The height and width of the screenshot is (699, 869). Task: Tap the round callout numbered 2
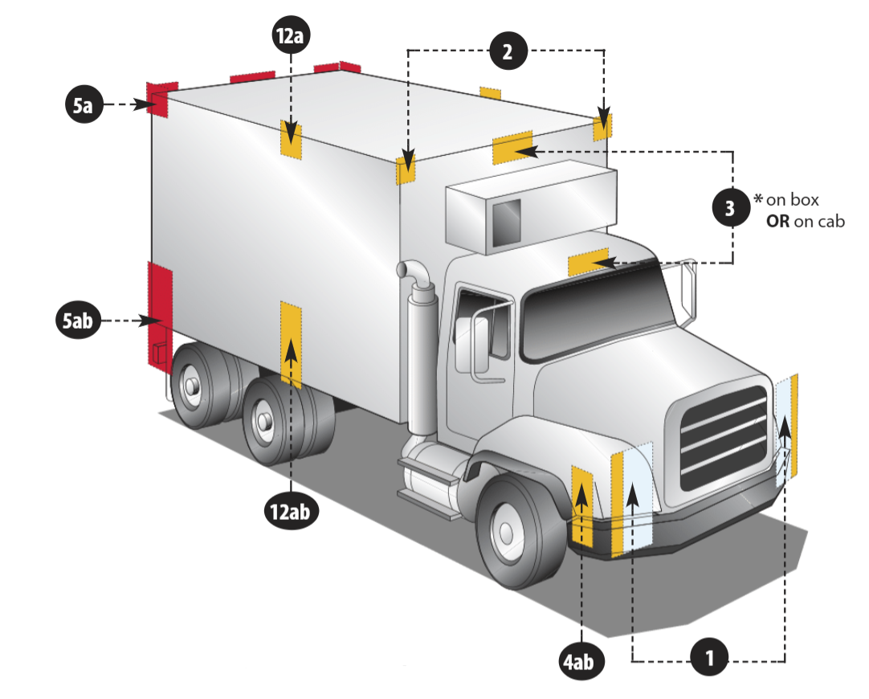coord(507,52)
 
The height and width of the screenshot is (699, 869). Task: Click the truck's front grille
coord(723,438)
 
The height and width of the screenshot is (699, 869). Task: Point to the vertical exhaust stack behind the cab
coord(419,345)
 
